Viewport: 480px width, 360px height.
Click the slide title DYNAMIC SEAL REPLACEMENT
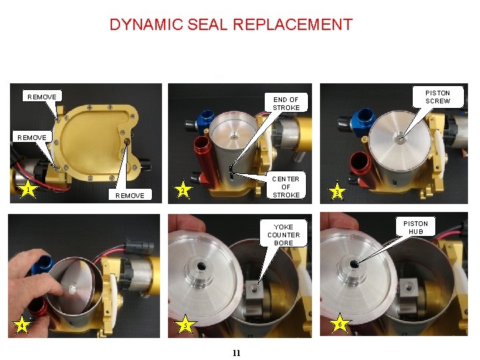tap(231, 25)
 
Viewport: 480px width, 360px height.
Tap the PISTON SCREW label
tap(437, 97)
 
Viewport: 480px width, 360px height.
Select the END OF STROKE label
tap(286, 103)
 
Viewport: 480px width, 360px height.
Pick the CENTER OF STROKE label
tap(286, 187)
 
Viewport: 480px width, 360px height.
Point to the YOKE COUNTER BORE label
tap(283, 235)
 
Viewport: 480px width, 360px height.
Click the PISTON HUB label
tap(415, 227)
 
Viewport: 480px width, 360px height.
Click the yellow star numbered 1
tap(27, 191)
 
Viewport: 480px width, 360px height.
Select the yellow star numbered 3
tap(338, 192)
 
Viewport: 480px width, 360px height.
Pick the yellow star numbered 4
tap(23, 325)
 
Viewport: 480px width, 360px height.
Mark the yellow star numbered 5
tap(185, 325)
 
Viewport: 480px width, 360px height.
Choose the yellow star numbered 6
tap(340, 324)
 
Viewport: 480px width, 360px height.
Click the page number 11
tap(237, 352)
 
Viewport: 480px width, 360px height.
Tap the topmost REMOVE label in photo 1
tap(42, 97)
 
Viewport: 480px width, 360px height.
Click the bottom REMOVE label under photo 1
tap(129, 195)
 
